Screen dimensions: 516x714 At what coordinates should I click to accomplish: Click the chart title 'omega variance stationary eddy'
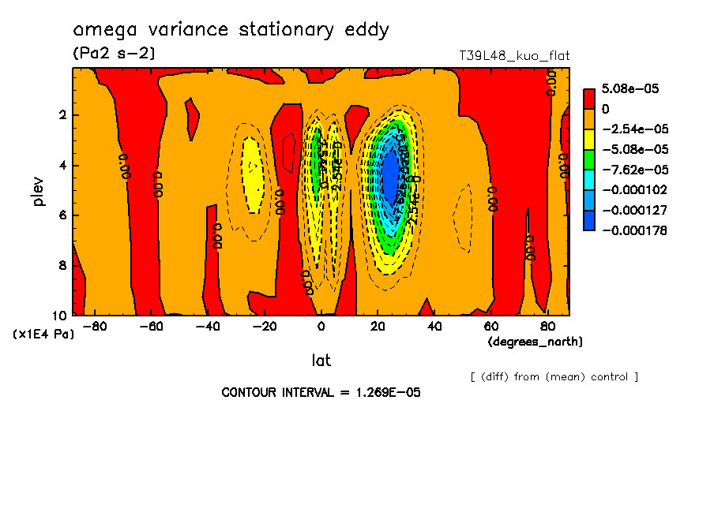tap(231, 31)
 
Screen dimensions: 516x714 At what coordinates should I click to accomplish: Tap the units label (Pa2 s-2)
tap(114, 54)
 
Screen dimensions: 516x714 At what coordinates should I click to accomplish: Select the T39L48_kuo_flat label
tap(514, 56)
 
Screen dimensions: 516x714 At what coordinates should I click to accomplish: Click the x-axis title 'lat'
tap(321, 361)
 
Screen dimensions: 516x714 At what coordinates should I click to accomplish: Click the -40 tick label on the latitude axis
tap(208, 327)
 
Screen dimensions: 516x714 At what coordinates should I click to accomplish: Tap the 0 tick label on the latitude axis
tap(321, 327)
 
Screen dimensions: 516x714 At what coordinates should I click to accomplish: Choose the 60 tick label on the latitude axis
tap(490, 327)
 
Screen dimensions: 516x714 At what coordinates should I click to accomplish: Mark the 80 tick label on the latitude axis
tap(547, 327)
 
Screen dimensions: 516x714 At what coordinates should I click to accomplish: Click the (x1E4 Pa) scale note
tap(43, 335)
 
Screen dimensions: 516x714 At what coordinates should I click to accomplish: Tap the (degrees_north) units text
tap(535, 342)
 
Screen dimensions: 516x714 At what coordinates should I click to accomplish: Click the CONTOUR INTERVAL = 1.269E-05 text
tap(321, 392)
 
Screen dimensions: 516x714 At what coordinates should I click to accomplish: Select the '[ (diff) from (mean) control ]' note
tap(554, 376)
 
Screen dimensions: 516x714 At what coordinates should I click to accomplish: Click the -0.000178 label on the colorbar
tap(633, 230)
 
